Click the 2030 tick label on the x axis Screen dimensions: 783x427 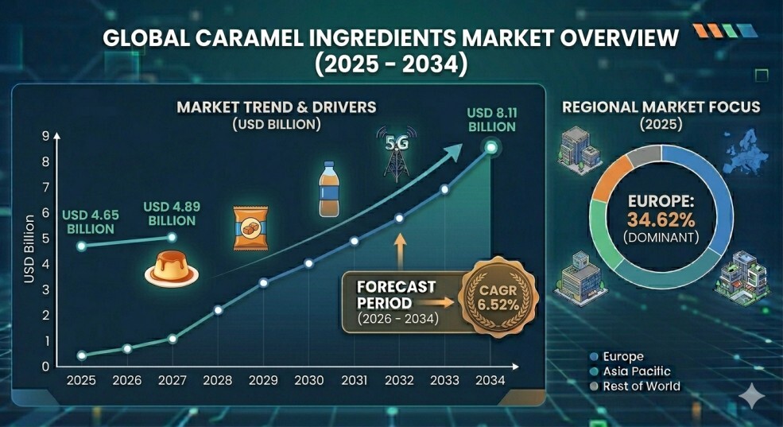[x=308, y=380]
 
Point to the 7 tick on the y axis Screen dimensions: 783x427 [x=46, y=188]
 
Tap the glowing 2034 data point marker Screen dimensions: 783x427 [x=491, y=147]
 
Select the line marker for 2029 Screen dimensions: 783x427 [x=264, y=283]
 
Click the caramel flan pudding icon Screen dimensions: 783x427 [x=171, y=269]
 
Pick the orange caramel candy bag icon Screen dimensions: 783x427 [x=250, y=227]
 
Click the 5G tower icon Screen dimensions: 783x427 [x=397, y=153]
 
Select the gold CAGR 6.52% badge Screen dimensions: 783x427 [x=498, y=297]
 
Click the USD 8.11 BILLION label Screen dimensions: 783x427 [x=491, y=120]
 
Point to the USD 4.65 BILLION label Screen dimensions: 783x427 [x=91, y=222]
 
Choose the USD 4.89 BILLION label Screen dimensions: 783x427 [x=172, y=213]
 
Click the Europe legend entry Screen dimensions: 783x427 [x=617, y=356]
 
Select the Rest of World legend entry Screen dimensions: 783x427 [x=634, y=386]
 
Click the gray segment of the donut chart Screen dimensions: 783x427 [x=644, y=157]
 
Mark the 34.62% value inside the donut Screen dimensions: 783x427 [x=661, y=219]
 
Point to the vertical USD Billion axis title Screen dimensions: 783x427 [x=29, y=249]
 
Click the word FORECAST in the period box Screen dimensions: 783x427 [x=397, y=287]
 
